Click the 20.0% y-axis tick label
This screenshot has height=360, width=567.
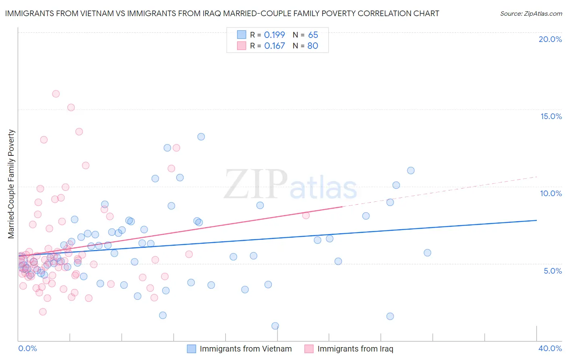[x=550, y=39]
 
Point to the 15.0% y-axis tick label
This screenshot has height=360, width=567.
[x=551, y=116]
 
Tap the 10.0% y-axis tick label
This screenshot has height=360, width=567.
[x=551, y=193]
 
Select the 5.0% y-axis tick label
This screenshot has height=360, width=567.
[x=552, y=271]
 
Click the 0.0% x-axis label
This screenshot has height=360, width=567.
[x=27, y=348]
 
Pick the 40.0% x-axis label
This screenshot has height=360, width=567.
[x=550, y=348]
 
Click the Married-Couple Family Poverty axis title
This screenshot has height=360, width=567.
[x=11, y=184]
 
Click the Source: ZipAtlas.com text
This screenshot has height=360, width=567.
[x=531, y=13]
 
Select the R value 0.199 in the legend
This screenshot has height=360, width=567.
[x=274, y=35]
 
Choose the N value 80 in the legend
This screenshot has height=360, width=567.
[x=313, y=46]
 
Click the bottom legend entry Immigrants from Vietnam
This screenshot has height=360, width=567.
[x=245, y=349]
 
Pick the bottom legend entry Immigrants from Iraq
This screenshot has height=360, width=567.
[x=355, y=349]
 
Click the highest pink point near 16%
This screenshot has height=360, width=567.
[x=56, y=94]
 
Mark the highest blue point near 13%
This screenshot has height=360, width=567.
[x=201, y=137]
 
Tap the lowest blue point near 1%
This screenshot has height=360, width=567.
[x=275, y=326]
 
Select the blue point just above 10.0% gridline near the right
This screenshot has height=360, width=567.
[x=396, y=185]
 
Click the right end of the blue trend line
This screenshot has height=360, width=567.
[x=536, y=220]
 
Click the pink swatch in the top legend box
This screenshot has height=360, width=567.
[x=242, y=46]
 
